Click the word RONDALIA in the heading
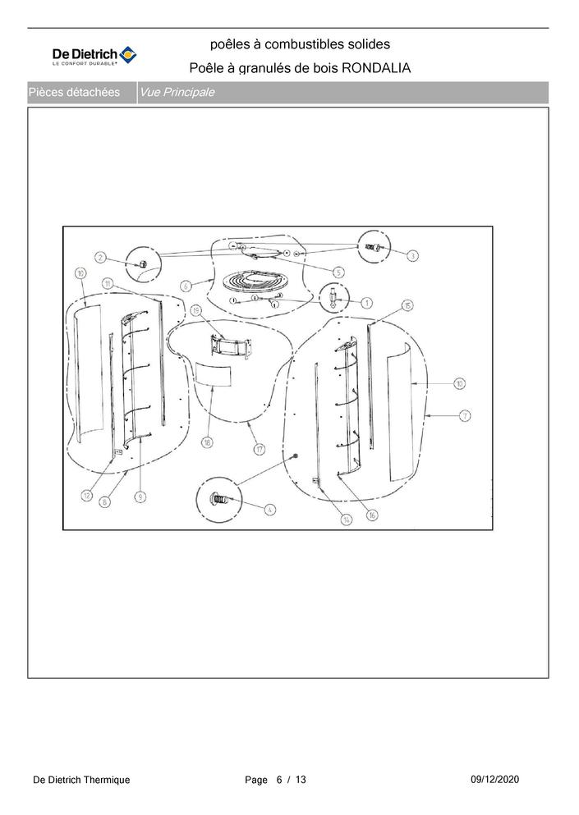coord(375,67)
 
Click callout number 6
coord(186,286)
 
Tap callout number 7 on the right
coord(465,416)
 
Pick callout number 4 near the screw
coord(270,508)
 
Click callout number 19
coord(196,310)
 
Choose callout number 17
coord(260,449)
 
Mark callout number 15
coord(407,304)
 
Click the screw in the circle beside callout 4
coord(220,497)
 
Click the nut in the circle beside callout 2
coord(141,263)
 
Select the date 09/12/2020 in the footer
coord(495,779)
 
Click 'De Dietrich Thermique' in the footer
coord(81,780)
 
